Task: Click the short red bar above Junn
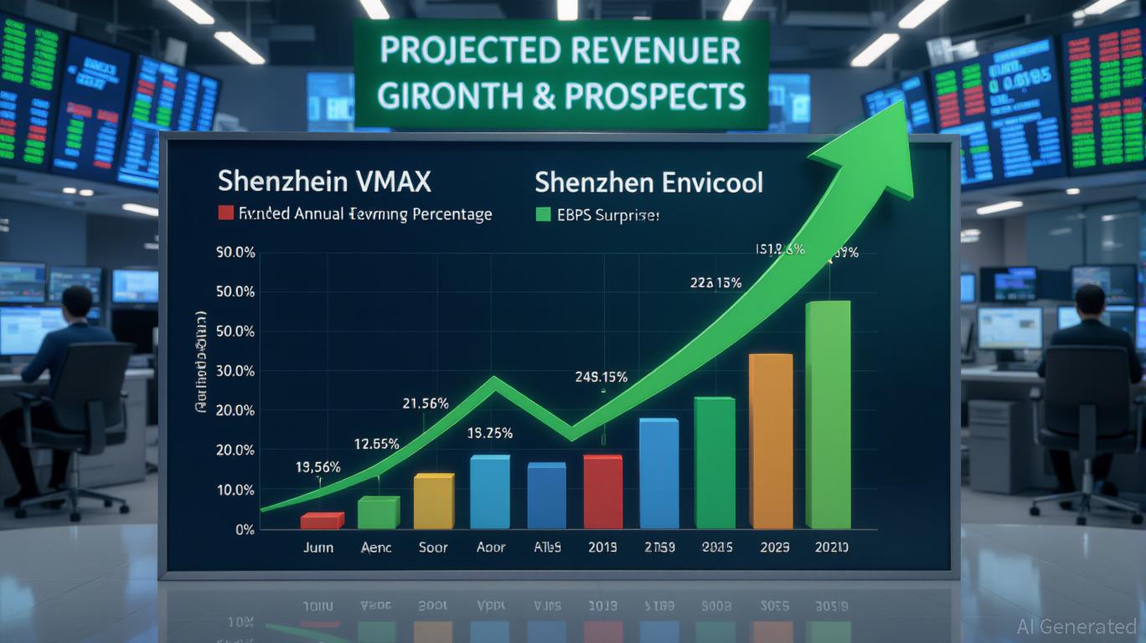322,521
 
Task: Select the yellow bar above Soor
433,501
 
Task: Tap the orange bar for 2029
770,441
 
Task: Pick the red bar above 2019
602,491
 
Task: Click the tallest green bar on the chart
828,414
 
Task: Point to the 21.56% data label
425,404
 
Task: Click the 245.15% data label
601,377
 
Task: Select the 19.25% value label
490,434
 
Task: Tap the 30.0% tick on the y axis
235,371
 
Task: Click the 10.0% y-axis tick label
235,490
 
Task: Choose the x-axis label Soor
433,548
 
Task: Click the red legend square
225,213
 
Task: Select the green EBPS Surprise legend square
542,214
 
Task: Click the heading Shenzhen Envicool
648,182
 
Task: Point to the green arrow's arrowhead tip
903,103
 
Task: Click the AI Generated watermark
1076,626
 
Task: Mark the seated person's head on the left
77,301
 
